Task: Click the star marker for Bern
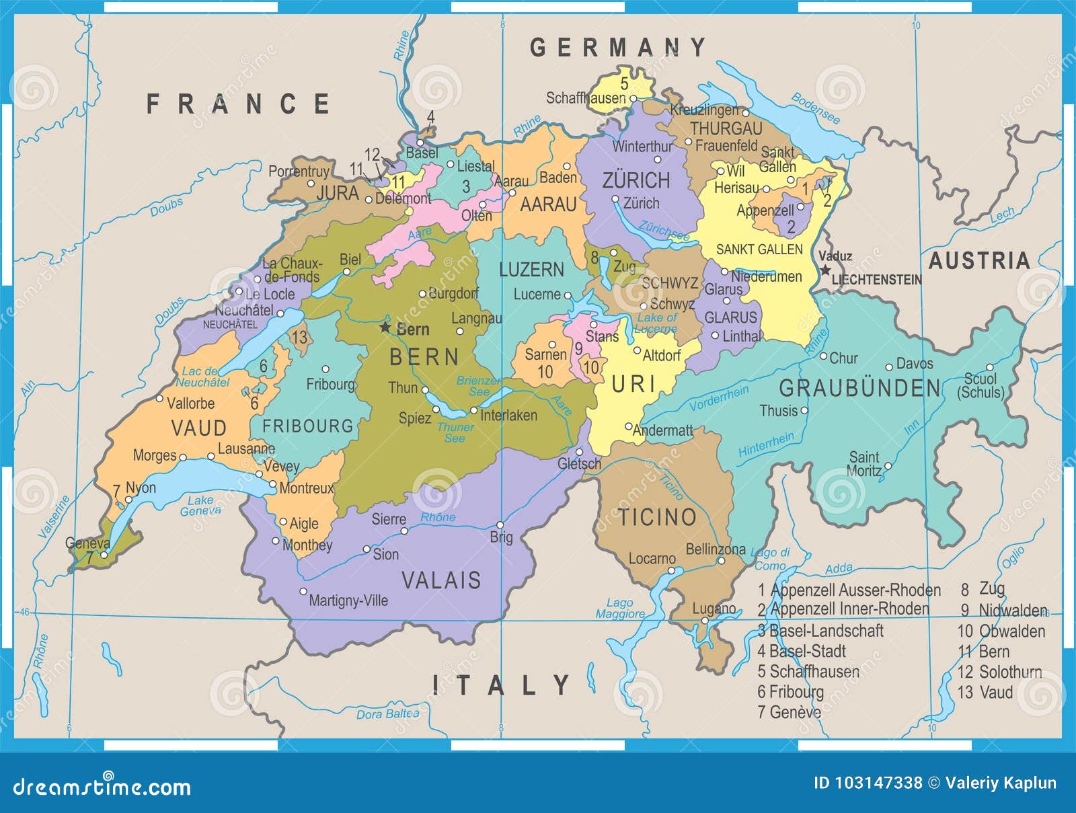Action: (x=385, y=327)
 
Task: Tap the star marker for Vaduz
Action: (x=825, y=270)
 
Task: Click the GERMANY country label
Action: (x=618, y=47)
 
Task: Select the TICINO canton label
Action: (x=657, y=517)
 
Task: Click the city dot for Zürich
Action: (x=615, y=199)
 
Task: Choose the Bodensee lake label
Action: (x=815, y=108)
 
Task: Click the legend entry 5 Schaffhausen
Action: (x=808, y=671)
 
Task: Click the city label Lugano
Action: (x=714, y=609)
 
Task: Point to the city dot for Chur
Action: (x=822, y=356)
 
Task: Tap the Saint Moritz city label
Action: (x=864, y=464)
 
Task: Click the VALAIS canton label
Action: (x=441, y=580)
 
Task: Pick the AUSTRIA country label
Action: (x=979, y=260)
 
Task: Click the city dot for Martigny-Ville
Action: (x=303, y=592)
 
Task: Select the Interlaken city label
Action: (x=508, y=416)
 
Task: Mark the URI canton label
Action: (x=633, y=384)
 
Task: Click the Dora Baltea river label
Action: (x=387, y=713)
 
